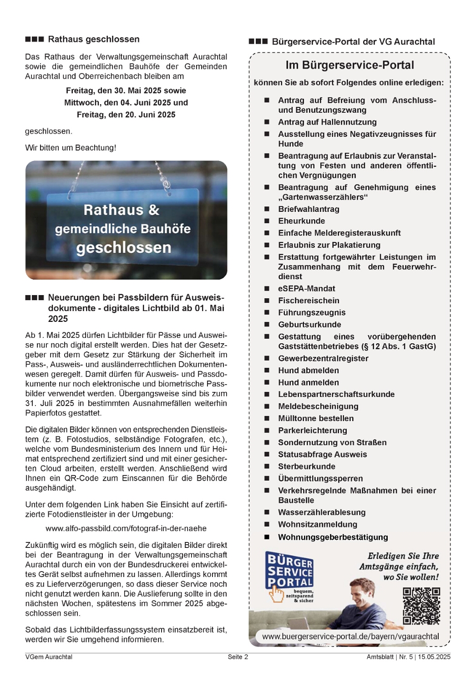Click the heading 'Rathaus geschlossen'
[x=94, y=40]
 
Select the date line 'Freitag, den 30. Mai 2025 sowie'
[x=126, y=90]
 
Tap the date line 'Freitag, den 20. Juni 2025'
[x=126, y=115]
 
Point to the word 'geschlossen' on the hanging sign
[x=124, y=248]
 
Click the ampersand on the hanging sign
[x=154, y=210]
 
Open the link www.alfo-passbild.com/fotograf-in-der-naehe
[x=126, y=528]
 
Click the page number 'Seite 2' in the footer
[x=238, y=657]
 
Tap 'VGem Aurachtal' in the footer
[x=49, y=657]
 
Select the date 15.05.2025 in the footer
[x=434, y=657]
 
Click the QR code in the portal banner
[x=421, y=606]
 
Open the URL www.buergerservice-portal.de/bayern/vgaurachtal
[x=350, y=637]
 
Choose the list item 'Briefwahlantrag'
[x=309, y=209]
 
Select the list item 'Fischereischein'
[x=309, y=301]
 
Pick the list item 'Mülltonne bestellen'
[x=316, y=418]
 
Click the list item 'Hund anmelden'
[x=309, y=382]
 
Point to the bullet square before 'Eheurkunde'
[x=267, y=221]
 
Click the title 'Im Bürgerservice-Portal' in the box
[x=349, y=65]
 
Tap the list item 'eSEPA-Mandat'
[x=307, y=289]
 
